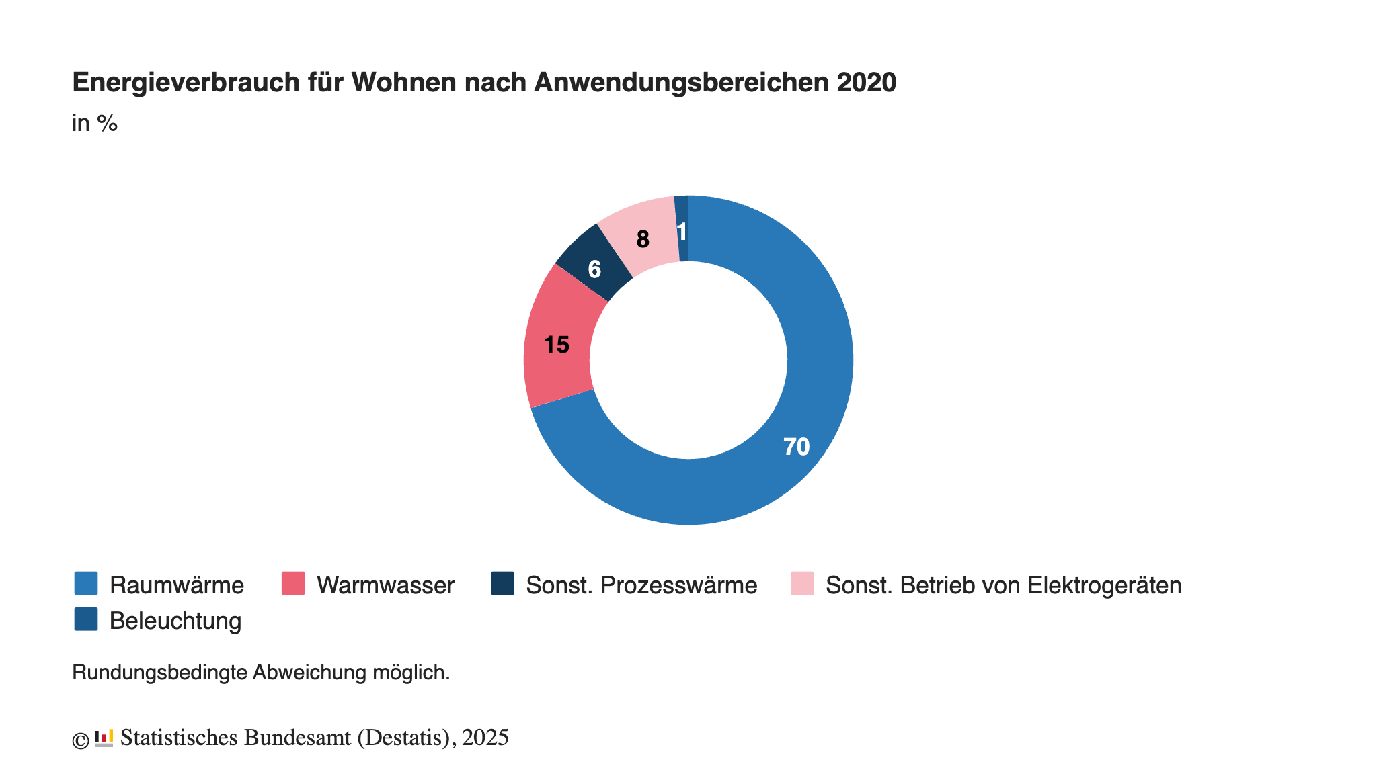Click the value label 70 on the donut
pos(796,447)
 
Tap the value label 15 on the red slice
pos(556,345)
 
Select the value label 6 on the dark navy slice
pos(594,269)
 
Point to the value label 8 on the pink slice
pos(643,239)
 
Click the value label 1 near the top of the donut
pos(682,232)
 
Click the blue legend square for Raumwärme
pos(86,583)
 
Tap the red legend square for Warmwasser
pos(293,583)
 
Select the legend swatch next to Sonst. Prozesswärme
pos(503,583)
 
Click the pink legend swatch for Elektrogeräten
pos(802,583)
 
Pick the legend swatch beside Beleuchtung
pos(86,619)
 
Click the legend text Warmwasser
pos(386,585)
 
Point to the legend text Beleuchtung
pos(175,621)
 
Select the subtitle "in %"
pos(95,124)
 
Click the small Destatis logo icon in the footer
pos(104,738)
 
